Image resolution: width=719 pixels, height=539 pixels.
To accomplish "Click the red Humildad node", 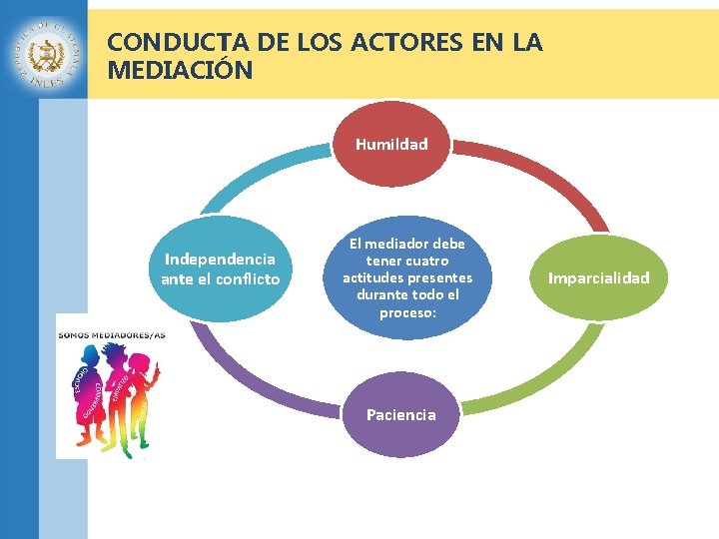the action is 391,145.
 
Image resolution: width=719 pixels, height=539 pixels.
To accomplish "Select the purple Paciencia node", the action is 400,414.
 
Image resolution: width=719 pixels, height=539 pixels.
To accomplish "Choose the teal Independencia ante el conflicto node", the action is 220,269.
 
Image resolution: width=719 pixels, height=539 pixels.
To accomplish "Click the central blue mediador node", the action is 406,277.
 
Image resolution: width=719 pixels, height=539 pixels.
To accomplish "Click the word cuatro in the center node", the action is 426,260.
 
